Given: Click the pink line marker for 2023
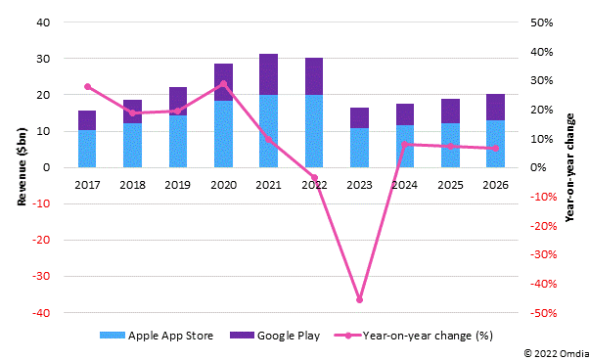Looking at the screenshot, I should point(359,299).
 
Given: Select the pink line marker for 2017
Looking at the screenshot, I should point(87,86).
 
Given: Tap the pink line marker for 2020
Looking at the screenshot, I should point(223,83).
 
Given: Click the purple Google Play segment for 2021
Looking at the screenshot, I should point(268,74).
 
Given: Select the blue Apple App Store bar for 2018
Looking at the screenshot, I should point(132,145).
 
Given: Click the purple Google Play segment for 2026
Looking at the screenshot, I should point(495,108).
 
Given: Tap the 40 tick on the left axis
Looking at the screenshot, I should point(42,22).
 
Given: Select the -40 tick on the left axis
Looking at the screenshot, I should point(39,313).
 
